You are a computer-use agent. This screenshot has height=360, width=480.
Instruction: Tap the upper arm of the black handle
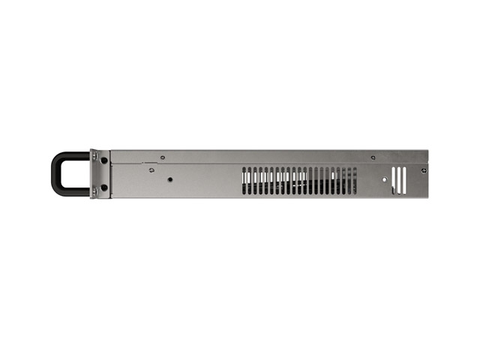pos(73,155)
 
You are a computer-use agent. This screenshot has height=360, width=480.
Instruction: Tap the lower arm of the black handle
pos(73,193)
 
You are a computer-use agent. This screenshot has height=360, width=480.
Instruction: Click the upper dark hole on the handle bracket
pos(103,160)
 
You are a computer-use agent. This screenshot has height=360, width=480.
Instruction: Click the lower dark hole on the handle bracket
pos(103,187)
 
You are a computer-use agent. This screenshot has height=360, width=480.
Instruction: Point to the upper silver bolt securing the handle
pos(94,155)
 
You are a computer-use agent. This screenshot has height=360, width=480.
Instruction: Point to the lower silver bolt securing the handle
pos(94,193)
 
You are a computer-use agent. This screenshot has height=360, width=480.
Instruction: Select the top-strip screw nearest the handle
pos(163,157)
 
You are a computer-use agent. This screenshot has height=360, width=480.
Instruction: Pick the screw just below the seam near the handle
pos(151,169)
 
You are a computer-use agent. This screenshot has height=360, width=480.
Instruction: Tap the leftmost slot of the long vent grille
pos(244,181)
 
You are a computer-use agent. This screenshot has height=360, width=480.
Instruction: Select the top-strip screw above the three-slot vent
pos(373,157)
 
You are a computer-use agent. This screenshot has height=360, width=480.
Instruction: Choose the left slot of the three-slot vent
pos(394,180)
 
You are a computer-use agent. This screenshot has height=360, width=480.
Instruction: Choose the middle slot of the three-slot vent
pos(400,180)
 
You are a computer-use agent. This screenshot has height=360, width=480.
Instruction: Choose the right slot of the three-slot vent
pos(405,180)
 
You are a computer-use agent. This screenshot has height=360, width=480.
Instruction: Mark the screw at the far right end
pos(424,170)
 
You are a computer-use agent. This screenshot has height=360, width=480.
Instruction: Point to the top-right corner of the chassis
pos(428,151)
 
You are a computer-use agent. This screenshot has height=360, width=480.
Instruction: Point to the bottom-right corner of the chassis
pos(428,197)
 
